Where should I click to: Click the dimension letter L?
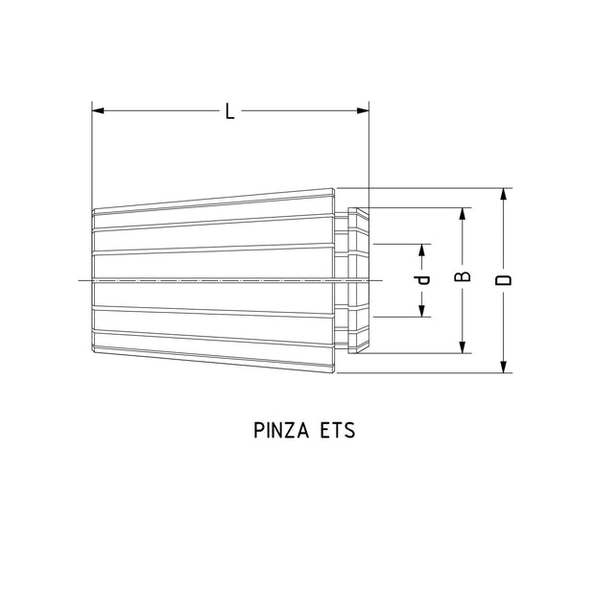click(229, 111)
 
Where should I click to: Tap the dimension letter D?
click(503, 279)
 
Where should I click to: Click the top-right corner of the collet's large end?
click(335, 189)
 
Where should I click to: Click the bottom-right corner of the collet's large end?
click(335, 371)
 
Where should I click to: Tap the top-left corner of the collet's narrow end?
click(93, 211)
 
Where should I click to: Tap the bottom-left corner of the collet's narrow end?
click(93, 349)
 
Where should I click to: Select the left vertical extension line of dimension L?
click(92, 154)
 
